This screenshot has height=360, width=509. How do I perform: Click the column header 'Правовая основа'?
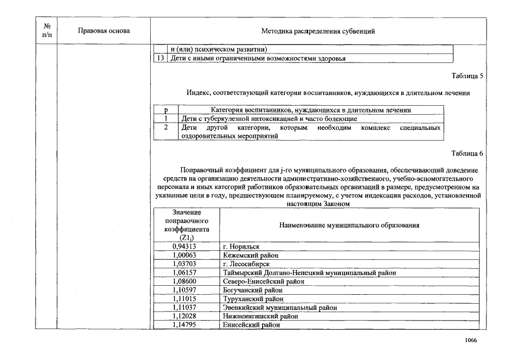[x=104, y=31]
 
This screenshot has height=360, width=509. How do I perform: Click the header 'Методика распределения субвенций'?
[x=318, y=31]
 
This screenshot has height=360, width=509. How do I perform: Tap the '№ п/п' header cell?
[x=47, y=31]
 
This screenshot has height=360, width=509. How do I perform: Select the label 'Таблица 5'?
[x=467, y=76]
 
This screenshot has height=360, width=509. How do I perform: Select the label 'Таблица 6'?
[x=467, y=153]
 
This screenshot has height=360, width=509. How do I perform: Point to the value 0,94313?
[x=185, y=246]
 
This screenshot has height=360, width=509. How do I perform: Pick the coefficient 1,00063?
[x=185, y=255]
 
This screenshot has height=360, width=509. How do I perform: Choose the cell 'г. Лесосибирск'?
[x=246, y=264]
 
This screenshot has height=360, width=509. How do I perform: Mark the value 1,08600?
[x=185, y=281]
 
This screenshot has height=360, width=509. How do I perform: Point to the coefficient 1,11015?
[x=185, y=299]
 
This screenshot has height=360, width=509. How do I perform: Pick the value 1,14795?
[x=185, y=325]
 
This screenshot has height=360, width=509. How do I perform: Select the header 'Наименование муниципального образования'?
[x=349, y=225]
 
